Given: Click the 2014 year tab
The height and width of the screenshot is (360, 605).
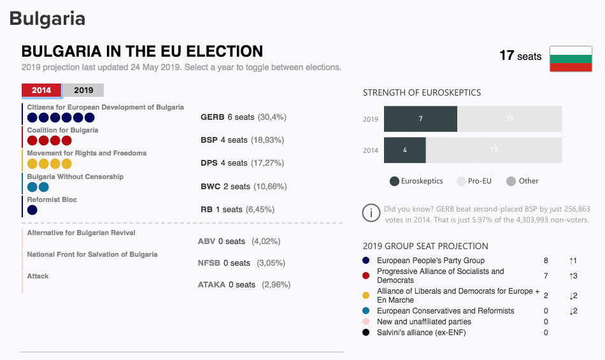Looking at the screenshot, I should pos(41,90).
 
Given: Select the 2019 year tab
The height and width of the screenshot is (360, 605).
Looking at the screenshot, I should pos(83,90).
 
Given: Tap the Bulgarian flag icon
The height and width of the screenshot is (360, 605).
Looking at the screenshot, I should pos(571,59).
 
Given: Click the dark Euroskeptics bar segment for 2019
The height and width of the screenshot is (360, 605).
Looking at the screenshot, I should pos(420,119).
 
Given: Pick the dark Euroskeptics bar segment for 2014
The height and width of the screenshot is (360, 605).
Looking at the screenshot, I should pos(404,150).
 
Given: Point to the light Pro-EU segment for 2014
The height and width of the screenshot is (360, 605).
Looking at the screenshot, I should pos(494,150).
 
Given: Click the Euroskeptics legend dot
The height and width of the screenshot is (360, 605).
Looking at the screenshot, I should pos(394,181).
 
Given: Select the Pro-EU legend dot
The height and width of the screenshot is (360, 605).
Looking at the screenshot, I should pos(462,181).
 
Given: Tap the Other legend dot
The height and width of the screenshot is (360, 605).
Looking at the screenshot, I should pos(511,181).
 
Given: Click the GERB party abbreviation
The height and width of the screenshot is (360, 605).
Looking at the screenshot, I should pos(212,117).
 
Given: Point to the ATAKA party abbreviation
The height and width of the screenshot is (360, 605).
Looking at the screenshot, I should pos(211,285).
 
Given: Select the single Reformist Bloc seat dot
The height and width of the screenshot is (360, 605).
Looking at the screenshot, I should pos(32,210).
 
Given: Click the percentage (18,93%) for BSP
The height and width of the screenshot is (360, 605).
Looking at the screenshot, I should pos(267,140).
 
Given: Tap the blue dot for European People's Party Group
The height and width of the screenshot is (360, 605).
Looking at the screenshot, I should pos(366,261).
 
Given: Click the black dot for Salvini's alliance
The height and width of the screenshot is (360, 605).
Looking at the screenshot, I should pos(366,332).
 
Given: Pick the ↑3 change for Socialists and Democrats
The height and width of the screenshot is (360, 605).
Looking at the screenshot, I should pos(573,276).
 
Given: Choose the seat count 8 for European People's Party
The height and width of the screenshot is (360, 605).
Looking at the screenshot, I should pos(546,261).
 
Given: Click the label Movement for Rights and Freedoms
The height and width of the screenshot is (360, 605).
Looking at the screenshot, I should pos(87,154).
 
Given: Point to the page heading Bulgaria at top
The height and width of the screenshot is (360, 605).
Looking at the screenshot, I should pos(47,18).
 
